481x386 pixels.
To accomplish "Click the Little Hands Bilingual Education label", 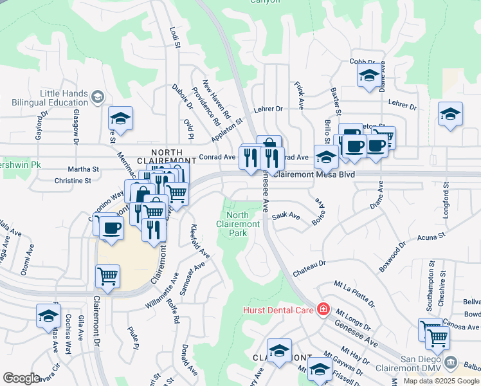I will coord(64,98).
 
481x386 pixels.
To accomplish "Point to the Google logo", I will coord(21,378).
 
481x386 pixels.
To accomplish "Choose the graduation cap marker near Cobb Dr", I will coord(369,75).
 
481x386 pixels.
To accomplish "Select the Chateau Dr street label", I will coord(310,264).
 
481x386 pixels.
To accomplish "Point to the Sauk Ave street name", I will coord(286,217).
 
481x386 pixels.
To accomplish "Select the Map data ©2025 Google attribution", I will coord(441,381).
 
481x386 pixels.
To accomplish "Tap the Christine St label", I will coord(73,181).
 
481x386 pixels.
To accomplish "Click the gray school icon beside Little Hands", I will coord(98,97).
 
